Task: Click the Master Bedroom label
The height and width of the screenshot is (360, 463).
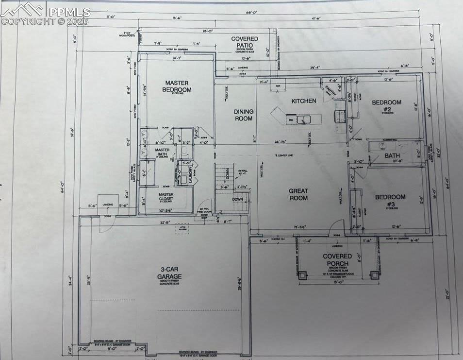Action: (x=177, y=86)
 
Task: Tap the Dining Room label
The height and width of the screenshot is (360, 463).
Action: (x=244, y=115)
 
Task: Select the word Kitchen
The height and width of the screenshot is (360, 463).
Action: (x=304, y=101)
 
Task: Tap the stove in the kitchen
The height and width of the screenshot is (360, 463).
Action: (x=340, y=116)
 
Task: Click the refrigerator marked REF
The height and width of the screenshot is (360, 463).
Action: (x=278, y=86)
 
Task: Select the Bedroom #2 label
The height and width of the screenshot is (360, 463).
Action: (x=387, y=105)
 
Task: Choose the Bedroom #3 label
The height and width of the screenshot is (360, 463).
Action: (x=390, y=200)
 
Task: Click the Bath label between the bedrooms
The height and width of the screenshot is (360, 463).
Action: (x=392, y=155)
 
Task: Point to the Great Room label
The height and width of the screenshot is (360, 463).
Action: (x=298, y=194)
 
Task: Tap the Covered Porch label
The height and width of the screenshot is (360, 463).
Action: (x=337, y=259)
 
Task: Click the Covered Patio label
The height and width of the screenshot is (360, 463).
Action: (x=245, y=42)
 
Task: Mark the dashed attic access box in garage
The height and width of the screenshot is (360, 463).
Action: (x=182, y=230)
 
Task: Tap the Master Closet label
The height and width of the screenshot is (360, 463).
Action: (x=166, y=197)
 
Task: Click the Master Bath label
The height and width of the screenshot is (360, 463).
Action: (x=162, y=153)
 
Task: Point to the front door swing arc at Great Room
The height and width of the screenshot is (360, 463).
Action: (x=337, y=226)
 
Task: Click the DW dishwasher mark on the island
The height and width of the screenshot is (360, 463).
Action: (x=290, y=119)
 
